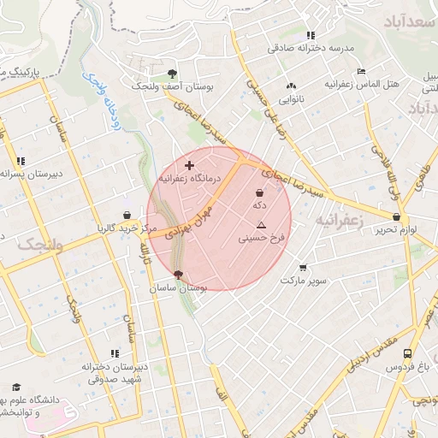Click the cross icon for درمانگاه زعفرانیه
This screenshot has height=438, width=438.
tap(189, 164)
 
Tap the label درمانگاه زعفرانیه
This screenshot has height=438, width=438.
tap(189, 178)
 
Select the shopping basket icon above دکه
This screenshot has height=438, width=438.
tap(259, 193)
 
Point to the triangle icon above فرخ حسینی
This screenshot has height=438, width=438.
tap(261, 225)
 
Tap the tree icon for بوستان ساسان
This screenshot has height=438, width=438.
tap(178, 275)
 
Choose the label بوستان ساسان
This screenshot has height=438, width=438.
tap(177, 289)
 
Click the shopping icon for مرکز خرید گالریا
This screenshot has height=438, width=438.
tap(127, 216)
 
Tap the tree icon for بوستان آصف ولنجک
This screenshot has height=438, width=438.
tap(173, 74)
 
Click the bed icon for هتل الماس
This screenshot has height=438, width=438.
tap(362, 71)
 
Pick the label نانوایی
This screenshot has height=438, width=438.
tap(293, 99)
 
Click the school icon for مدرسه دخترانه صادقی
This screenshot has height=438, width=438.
tap(311, 35)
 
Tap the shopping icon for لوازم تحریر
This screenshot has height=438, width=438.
tap(396, 217)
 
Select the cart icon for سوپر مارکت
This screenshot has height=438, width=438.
tap(303, 268)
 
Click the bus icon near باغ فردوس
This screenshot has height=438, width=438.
tap(407, 353)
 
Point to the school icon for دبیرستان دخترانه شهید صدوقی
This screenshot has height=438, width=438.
tap(114, 353)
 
